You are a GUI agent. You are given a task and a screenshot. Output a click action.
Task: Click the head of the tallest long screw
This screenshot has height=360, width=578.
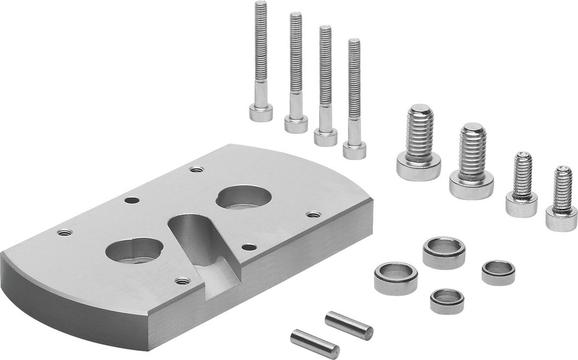(261, 112)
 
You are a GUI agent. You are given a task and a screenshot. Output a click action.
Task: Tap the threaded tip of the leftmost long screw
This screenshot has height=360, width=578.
(261, 7)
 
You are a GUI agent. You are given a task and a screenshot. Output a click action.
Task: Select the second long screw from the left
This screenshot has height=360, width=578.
(295, 75)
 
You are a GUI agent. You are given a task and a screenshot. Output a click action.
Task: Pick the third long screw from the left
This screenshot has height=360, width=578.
(325, 87)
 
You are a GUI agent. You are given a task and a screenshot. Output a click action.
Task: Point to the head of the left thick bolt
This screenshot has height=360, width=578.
(418, 166)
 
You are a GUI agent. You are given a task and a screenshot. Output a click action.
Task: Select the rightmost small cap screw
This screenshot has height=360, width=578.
(561, 200)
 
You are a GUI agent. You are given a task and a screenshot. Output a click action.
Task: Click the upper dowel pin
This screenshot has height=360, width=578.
(349, 325)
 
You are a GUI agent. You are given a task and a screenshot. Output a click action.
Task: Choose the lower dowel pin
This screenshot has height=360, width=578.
(314, 344)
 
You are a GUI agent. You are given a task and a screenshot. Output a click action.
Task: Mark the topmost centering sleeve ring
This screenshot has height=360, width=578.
(443, 253)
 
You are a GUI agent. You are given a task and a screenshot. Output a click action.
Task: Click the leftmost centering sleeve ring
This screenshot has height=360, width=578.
(395, 278)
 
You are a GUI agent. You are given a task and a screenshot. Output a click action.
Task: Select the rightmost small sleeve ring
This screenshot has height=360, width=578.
(498, 272)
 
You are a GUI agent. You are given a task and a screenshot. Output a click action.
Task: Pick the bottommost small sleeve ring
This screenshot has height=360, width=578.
(447, 301)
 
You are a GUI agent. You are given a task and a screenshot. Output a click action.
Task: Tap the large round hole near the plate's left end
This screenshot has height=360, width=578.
(134, 251)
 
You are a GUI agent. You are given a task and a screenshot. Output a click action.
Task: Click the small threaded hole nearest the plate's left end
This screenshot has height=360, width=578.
(64, 232)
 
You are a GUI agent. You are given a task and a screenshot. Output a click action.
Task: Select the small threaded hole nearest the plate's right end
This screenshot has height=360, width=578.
(313, 214)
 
